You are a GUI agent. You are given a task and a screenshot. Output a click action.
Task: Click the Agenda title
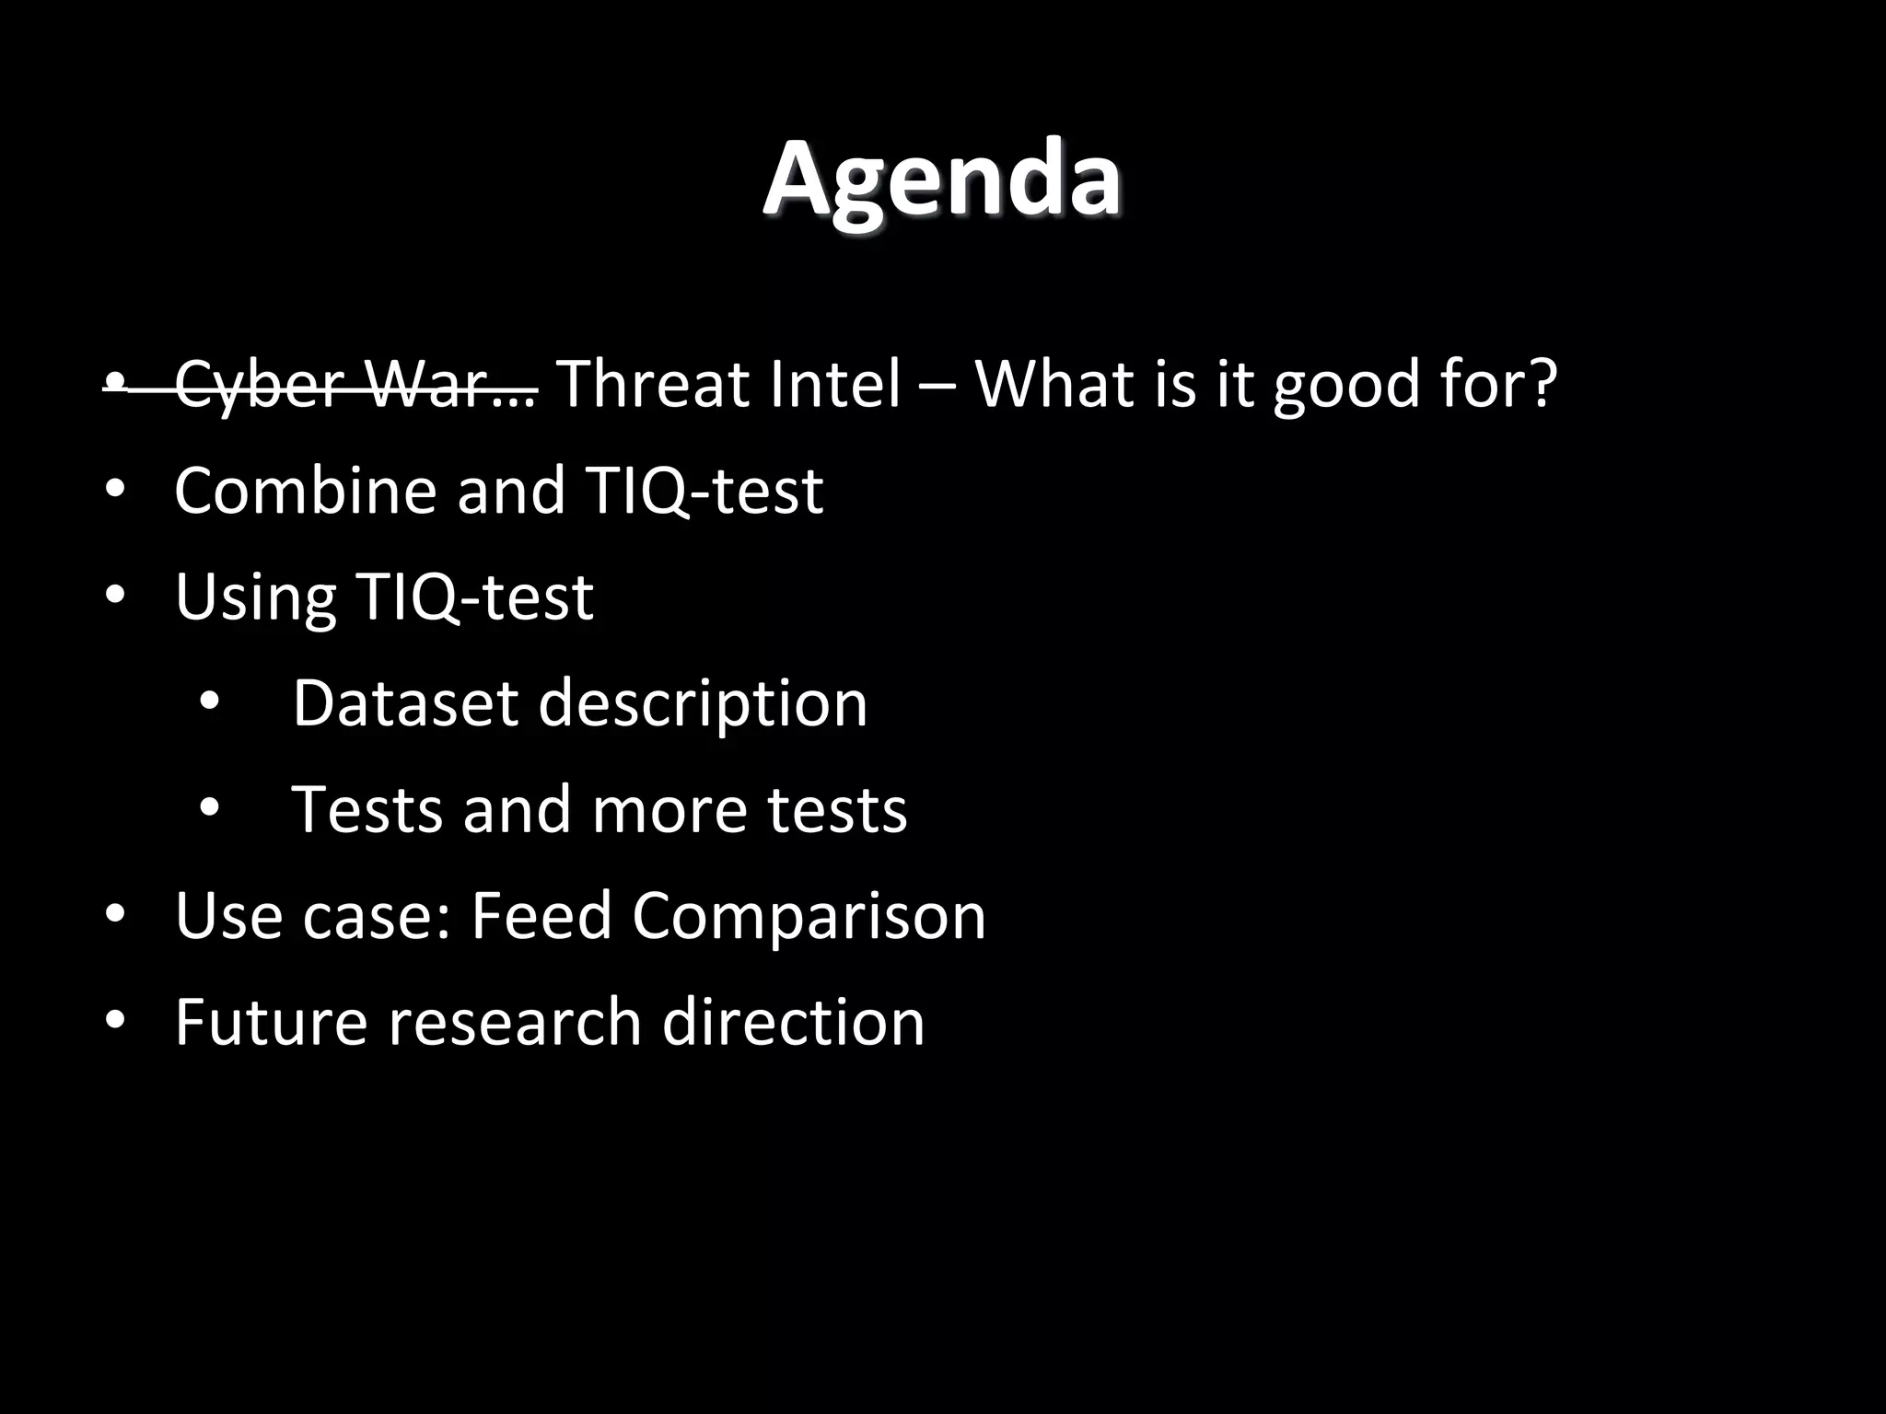pos(942,180)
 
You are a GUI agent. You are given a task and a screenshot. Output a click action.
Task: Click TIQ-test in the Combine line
pos(704,490)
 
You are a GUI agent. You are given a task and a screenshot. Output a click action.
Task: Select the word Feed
pos(541,916)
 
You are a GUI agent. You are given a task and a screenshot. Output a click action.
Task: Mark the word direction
pos(793,1022)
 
